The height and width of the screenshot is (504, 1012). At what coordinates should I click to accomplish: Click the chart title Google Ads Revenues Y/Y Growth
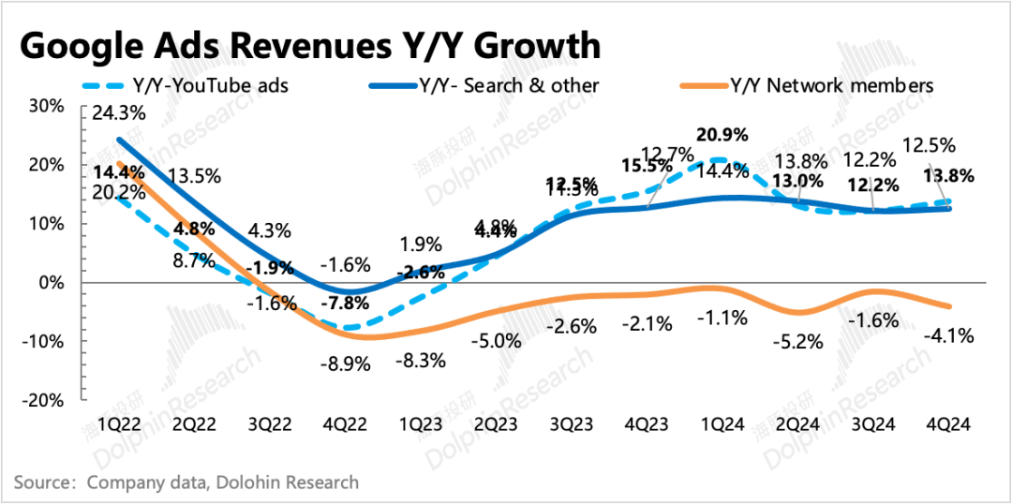[309, 45]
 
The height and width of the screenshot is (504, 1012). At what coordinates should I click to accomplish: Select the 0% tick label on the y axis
[51, 282]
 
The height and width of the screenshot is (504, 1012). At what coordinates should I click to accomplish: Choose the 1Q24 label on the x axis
[723, 423]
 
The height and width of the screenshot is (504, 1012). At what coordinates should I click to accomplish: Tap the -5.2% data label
[799, 342]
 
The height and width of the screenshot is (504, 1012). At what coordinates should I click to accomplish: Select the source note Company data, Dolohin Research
[223, 482]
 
